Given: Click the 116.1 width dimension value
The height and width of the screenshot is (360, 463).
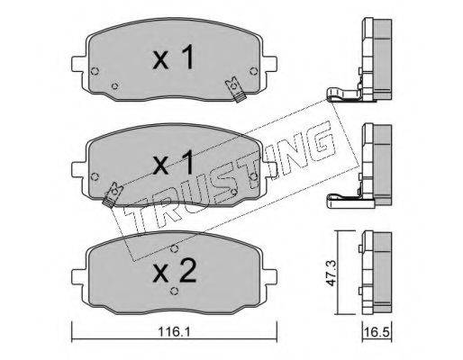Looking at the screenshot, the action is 174,332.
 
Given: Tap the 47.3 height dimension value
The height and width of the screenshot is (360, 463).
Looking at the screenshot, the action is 331,273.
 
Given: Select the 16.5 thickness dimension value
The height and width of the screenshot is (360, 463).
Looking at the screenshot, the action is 377,332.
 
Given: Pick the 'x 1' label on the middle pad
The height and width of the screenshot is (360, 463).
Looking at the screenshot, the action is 173,163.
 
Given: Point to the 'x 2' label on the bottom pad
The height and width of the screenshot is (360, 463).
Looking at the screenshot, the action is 175,271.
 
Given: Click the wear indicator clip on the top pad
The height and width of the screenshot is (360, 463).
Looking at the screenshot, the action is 236,90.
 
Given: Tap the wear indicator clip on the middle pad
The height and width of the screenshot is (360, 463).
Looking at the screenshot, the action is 113,194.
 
